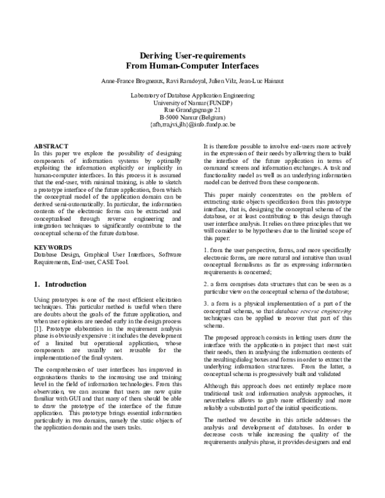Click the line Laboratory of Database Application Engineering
[x=192, y=96]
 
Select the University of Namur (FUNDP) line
[x=192, y=103]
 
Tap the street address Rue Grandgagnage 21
[x=192, y=110]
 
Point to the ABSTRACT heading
[x=50, y=146]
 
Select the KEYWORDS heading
[x=51, y=246]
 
